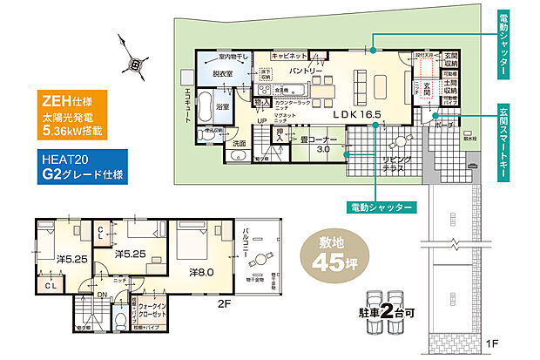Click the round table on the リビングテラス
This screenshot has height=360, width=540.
[x=395, y=139]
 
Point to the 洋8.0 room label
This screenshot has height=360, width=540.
[x=202, y=273]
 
